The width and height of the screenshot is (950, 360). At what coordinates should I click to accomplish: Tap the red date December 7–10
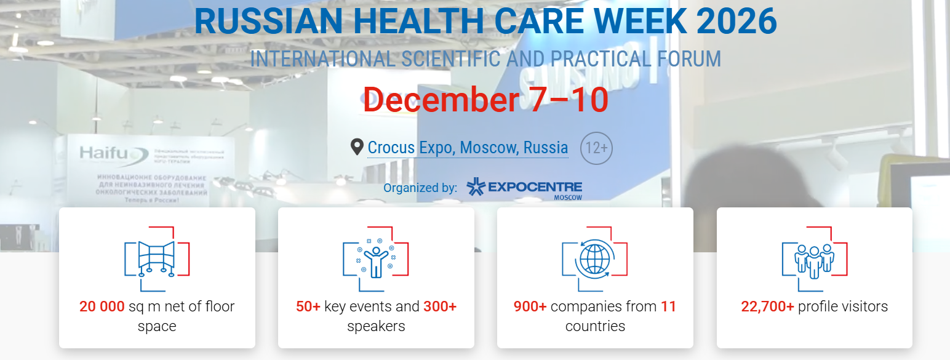coord(485,99)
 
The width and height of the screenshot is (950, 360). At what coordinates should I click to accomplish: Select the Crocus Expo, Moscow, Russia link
coord(468,148)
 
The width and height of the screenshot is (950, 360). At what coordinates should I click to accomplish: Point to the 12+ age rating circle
coord(596,148)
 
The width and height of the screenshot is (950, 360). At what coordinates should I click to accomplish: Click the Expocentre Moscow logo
coord(524,188)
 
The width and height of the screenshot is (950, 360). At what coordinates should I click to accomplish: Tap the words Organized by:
coord(420,188)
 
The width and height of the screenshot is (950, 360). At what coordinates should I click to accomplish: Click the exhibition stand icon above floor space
coord(157,258)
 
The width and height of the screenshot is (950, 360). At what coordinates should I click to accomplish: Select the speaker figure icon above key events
coord(375,258)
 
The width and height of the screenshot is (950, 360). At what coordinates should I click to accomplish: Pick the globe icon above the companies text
coord(594,258)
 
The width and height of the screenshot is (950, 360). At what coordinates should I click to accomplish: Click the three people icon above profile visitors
coord(814,258)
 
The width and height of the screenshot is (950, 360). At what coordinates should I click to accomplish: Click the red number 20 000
coord(102,306)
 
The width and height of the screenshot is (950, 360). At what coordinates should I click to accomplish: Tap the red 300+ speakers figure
coord(440,306)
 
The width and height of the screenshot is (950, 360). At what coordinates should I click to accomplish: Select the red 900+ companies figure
coord(530,306)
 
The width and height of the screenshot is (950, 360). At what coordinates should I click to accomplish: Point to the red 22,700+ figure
coord(767,306)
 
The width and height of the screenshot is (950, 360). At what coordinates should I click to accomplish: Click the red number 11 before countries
coord(668,306)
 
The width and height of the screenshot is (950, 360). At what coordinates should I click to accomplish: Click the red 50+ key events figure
coord(308,306)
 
